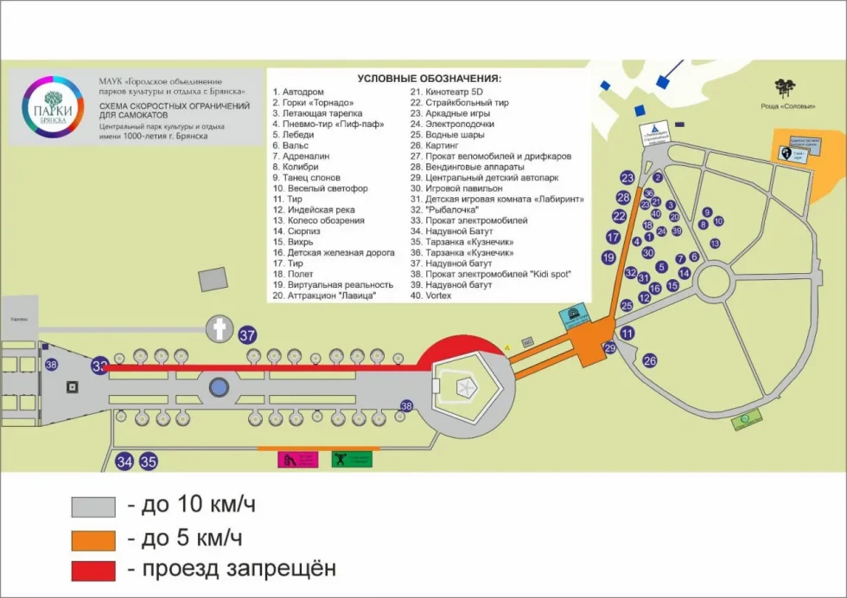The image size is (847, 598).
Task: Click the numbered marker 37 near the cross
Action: coord(248,335)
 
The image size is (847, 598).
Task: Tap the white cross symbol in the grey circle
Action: coord(220,328)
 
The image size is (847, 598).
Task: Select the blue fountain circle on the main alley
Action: coord(219,386)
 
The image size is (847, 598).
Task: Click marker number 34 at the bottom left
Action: coord(125,461)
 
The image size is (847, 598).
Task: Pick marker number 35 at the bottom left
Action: coord(149,461)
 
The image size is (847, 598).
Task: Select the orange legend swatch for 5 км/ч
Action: coord(93,539)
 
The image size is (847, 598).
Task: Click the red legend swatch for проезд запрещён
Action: coord(93,570)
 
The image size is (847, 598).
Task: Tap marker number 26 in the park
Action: coord(650,360)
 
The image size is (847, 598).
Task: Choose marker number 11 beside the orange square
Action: coord(627,333)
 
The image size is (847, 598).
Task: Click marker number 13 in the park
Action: coord(715,244)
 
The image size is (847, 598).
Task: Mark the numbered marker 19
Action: coord(608,258)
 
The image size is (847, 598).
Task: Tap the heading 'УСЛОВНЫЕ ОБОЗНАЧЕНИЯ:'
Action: coord(429,79)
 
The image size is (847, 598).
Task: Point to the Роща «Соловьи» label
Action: coord(786,107)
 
